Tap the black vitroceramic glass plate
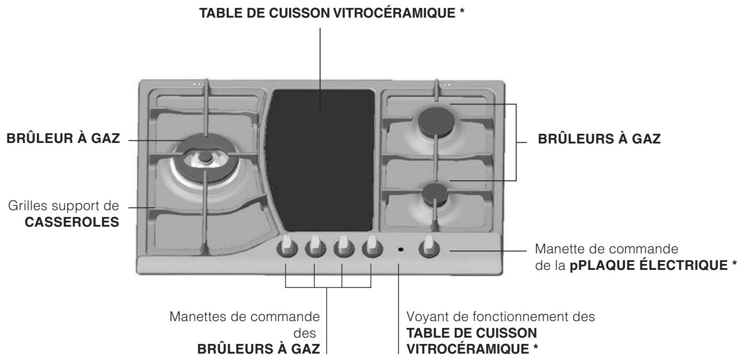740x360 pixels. click(x=320, y=160)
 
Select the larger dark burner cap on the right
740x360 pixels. click(x=436, y=121)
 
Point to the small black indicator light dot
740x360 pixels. click(x=400, y=249)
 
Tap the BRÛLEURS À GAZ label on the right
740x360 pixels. click(x=599, y=140)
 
